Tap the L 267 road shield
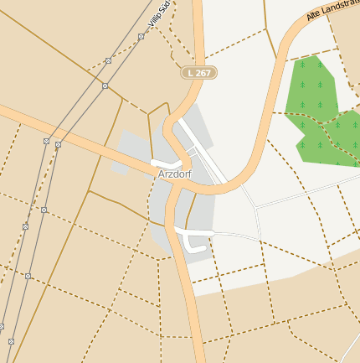click(x=199, y=73)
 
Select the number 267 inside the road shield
click(x=204, y=73)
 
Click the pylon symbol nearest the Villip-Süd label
click(x=141, y=36)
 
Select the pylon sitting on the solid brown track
click(x=105, y=86)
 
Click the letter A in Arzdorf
click(x=161, y=174)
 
